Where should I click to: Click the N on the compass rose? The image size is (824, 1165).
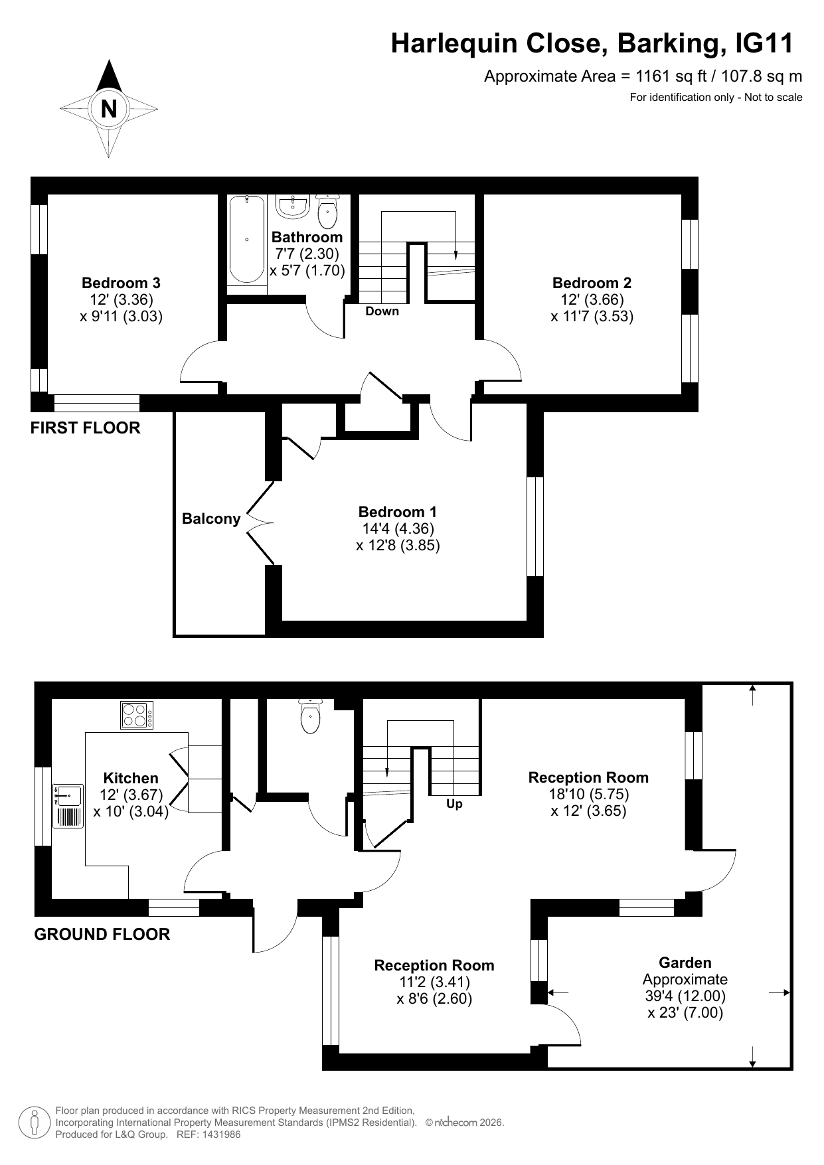[x=109, y=108]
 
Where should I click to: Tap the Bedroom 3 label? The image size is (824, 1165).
[x=121, y=283]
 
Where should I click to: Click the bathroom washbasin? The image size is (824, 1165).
[x=292, y=206]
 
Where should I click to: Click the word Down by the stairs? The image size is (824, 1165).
[x=382, y=311]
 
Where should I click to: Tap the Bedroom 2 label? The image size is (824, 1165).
[x=592, y=283]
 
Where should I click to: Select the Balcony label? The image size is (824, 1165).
[x=211, y=518]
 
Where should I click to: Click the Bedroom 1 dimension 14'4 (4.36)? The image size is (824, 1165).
[x=398, y=529]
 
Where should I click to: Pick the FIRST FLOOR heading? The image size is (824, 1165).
[x=86, y=428]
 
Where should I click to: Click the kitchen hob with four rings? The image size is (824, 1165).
[x=137, y=715]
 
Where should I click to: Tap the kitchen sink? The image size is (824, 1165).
[x=68, y=806]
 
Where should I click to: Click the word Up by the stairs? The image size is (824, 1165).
[x=454, y=804]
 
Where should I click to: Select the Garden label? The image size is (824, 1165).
[x=685, y=963]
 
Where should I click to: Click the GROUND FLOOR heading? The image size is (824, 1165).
[x=102, y=935]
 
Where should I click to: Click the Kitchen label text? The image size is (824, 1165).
[x=131, y=778]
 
